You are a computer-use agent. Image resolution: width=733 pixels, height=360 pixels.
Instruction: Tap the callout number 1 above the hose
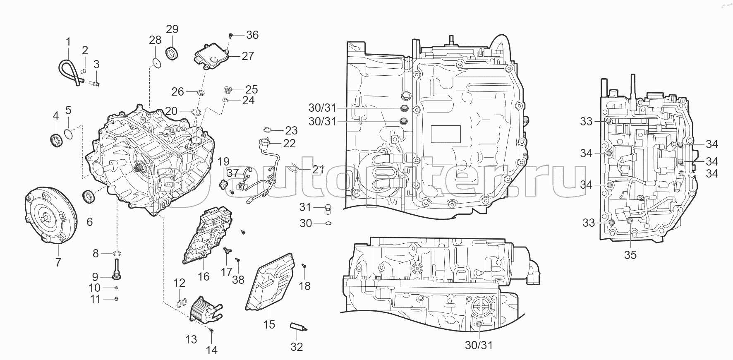[x=68, y=41]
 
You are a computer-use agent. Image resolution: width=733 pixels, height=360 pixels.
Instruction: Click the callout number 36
[x=252, y=35]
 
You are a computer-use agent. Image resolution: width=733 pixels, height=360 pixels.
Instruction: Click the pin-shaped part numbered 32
[x=297, y=327]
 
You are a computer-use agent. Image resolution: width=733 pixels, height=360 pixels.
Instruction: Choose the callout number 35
[x=630, y=255]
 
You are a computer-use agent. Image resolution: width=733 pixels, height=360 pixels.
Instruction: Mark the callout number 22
[x=289, y=143]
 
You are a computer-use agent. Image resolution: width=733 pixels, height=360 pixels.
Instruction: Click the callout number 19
[x=223, y=161]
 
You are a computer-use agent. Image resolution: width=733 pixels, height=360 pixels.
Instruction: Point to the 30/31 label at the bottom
[x=479, y=345]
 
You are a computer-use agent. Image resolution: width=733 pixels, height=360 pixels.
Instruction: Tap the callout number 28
[x=155, y=40]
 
